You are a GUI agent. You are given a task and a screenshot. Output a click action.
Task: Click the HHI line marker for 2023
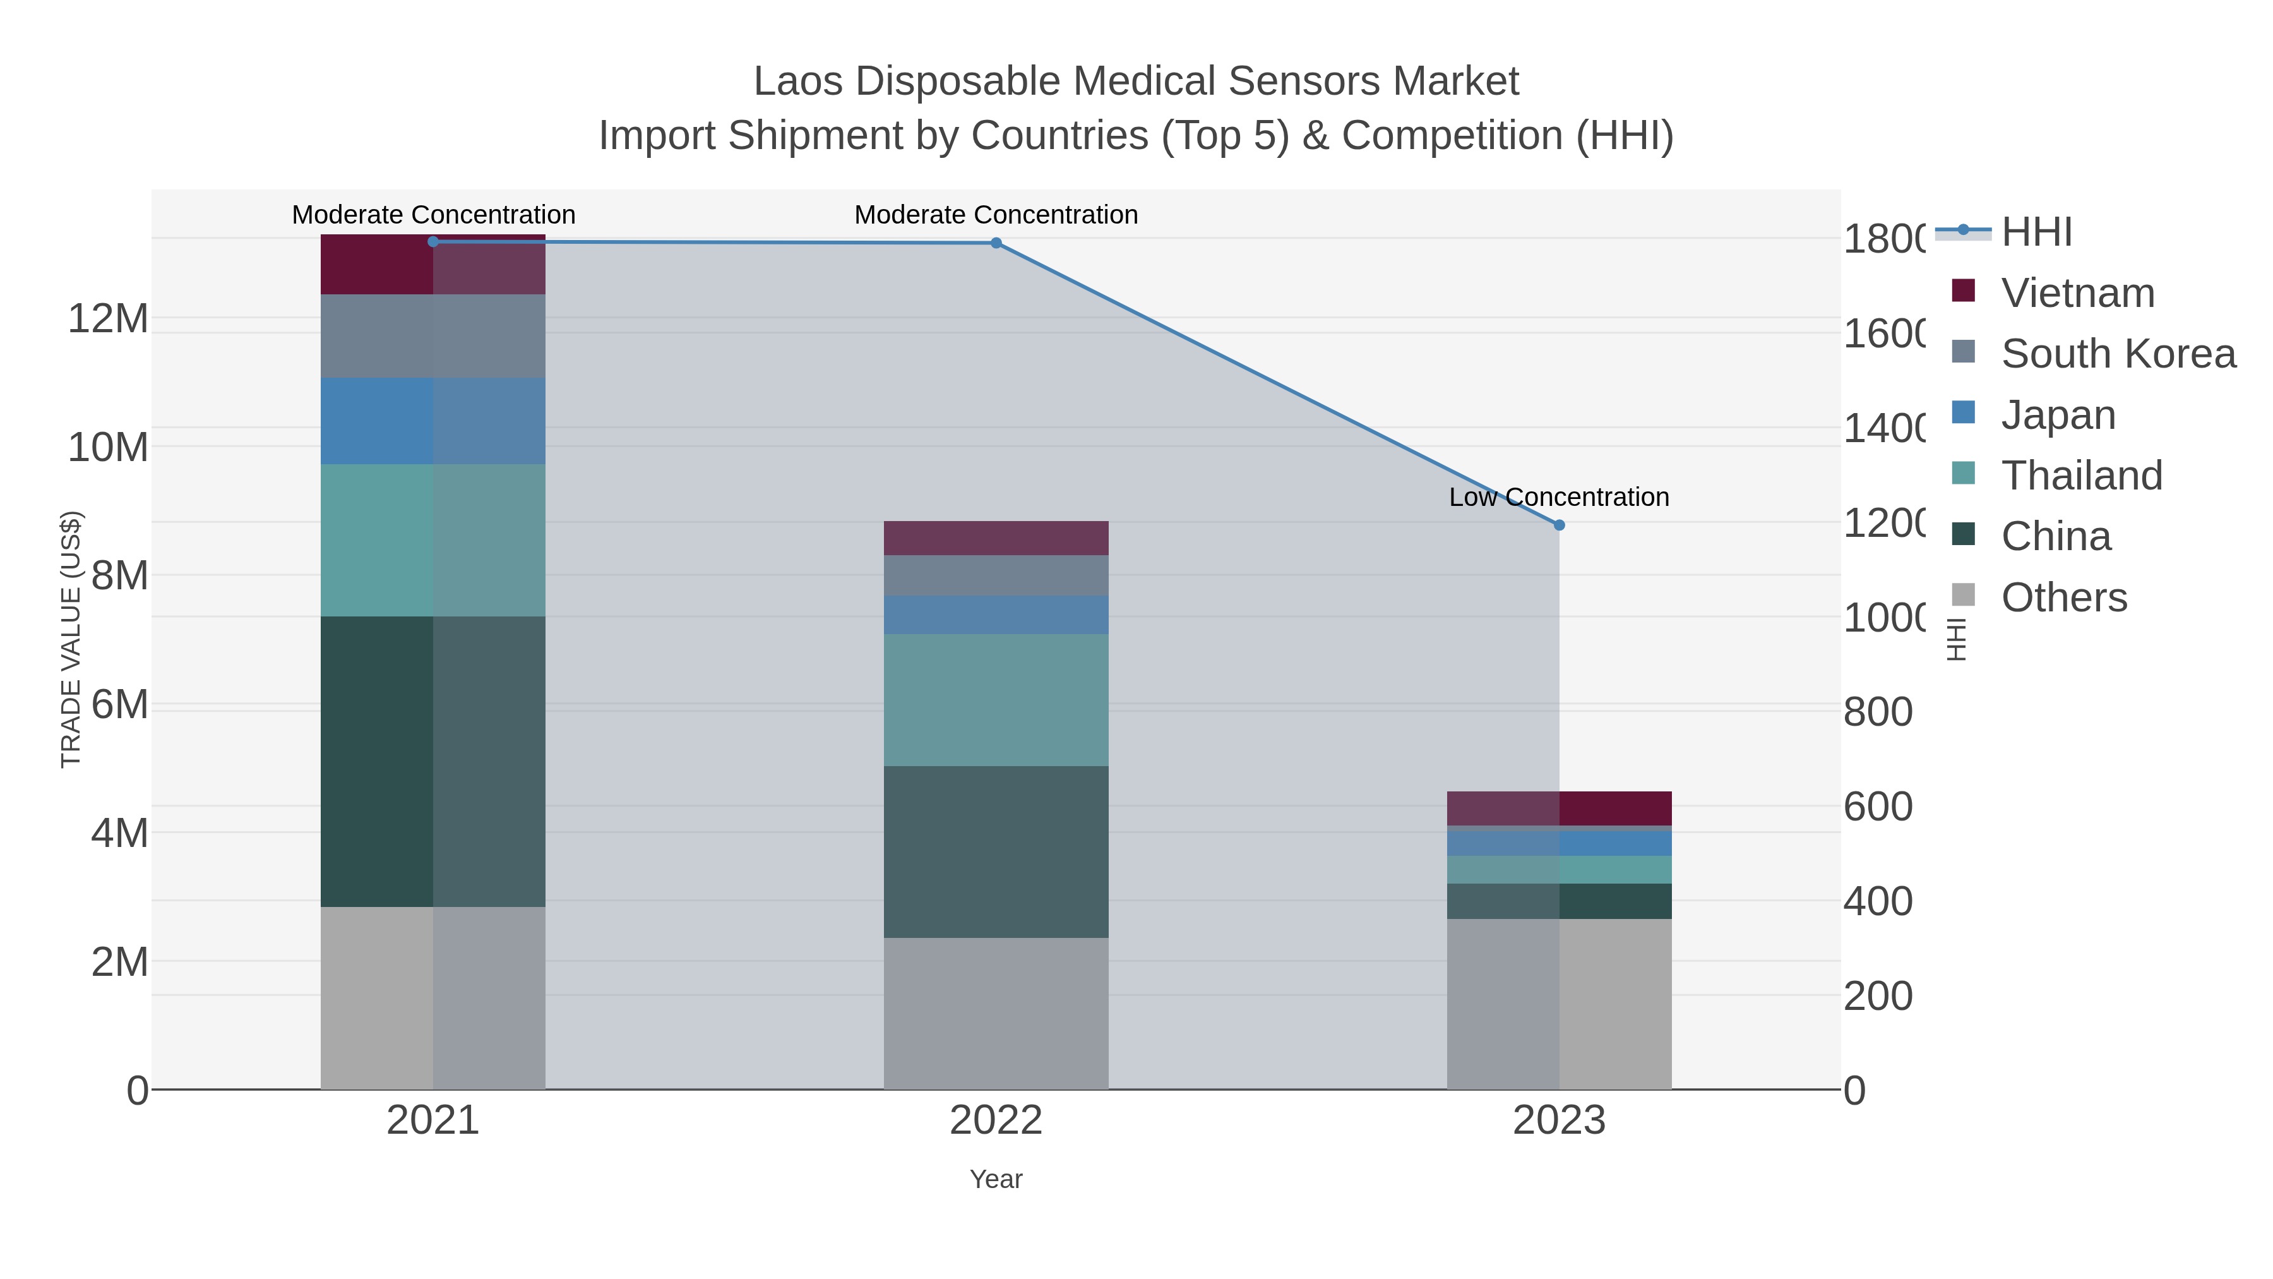tap(1559, 525)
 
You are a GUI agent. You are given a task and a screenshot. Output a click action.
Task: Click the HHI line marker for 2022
tap(996, 243)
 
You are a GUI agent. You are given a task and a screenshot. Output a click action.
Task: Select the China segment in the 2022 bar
tap(996, 852)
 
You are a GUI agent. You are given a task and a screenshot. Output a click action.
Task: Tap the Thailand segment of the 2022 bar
tap(996, 700)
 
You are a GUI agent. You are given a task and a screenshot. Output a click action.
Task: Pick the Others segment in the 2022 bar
tap(996, 1013)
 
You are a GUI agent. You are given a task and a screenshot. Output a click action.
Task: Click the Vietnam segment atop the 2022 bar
tap(996, 537)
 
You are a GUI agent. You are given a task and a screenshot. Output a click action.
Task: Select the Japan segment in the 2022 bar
tap(996, 615)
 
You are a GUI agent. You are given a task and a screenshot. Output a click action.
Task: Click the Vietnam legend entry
tap(2077, 293)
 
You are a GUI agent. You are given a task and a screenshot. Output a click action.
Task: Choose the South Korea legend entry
tap(2118, 354)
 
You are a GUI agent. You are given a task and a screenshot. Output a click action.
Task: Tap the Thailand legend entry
tap(2080, 476)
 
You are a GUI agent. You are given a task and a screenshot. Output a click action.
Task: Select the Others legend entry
tap(2063, 597)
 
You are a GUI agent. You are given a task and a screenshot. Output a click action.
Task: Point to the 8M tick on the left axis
tap(119, 575)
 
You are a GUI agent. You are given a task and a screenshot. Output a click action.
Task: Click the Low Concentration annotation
tap(1558, 497)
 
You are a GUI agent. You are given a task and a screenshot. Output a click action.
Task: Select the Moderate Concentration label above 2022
tap(996, 215)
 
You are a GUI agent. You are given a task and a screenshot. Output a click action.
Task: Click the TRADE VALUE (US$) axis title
tap(71, 639)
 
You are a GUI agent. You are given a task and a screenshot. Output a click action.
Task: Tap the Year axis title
tap(996, 1179)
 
